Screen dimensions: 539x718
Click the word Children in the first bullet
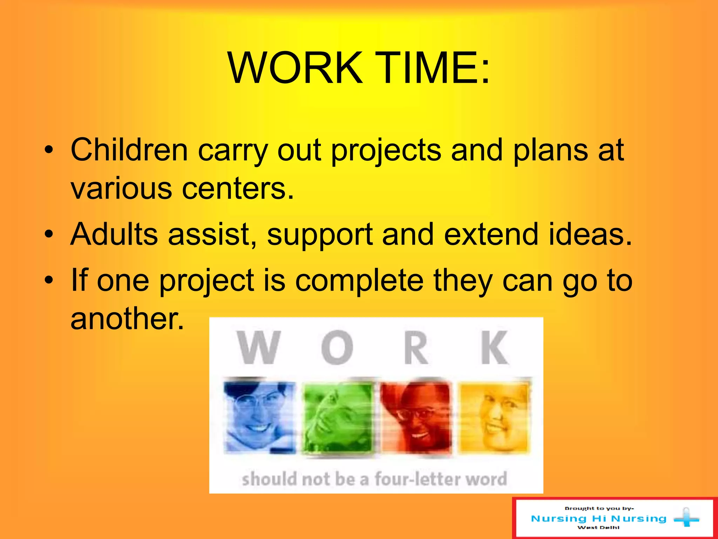(129, 150)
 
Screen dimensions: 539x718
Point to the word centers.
(238, 189)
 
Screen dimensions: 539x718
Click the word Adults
(114, 234)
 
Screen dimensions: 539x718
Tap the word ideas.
(590, 234)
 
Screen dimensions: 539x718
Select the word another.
(127, 319)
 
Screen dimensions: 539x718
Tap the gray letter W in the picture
(259, 347)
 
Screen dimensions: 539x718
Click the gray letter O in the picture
(337, 347)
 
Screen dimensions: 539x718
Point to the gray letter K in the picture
(494, 347)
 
